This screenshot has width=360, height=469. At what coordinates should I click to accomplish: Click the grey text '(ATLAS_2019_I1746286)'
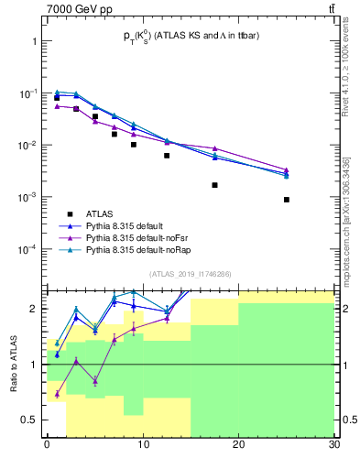[x=190, y=273]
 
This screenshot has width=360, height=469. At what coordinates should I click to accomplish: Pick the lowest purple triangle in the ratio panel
[x=57, y=395]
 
